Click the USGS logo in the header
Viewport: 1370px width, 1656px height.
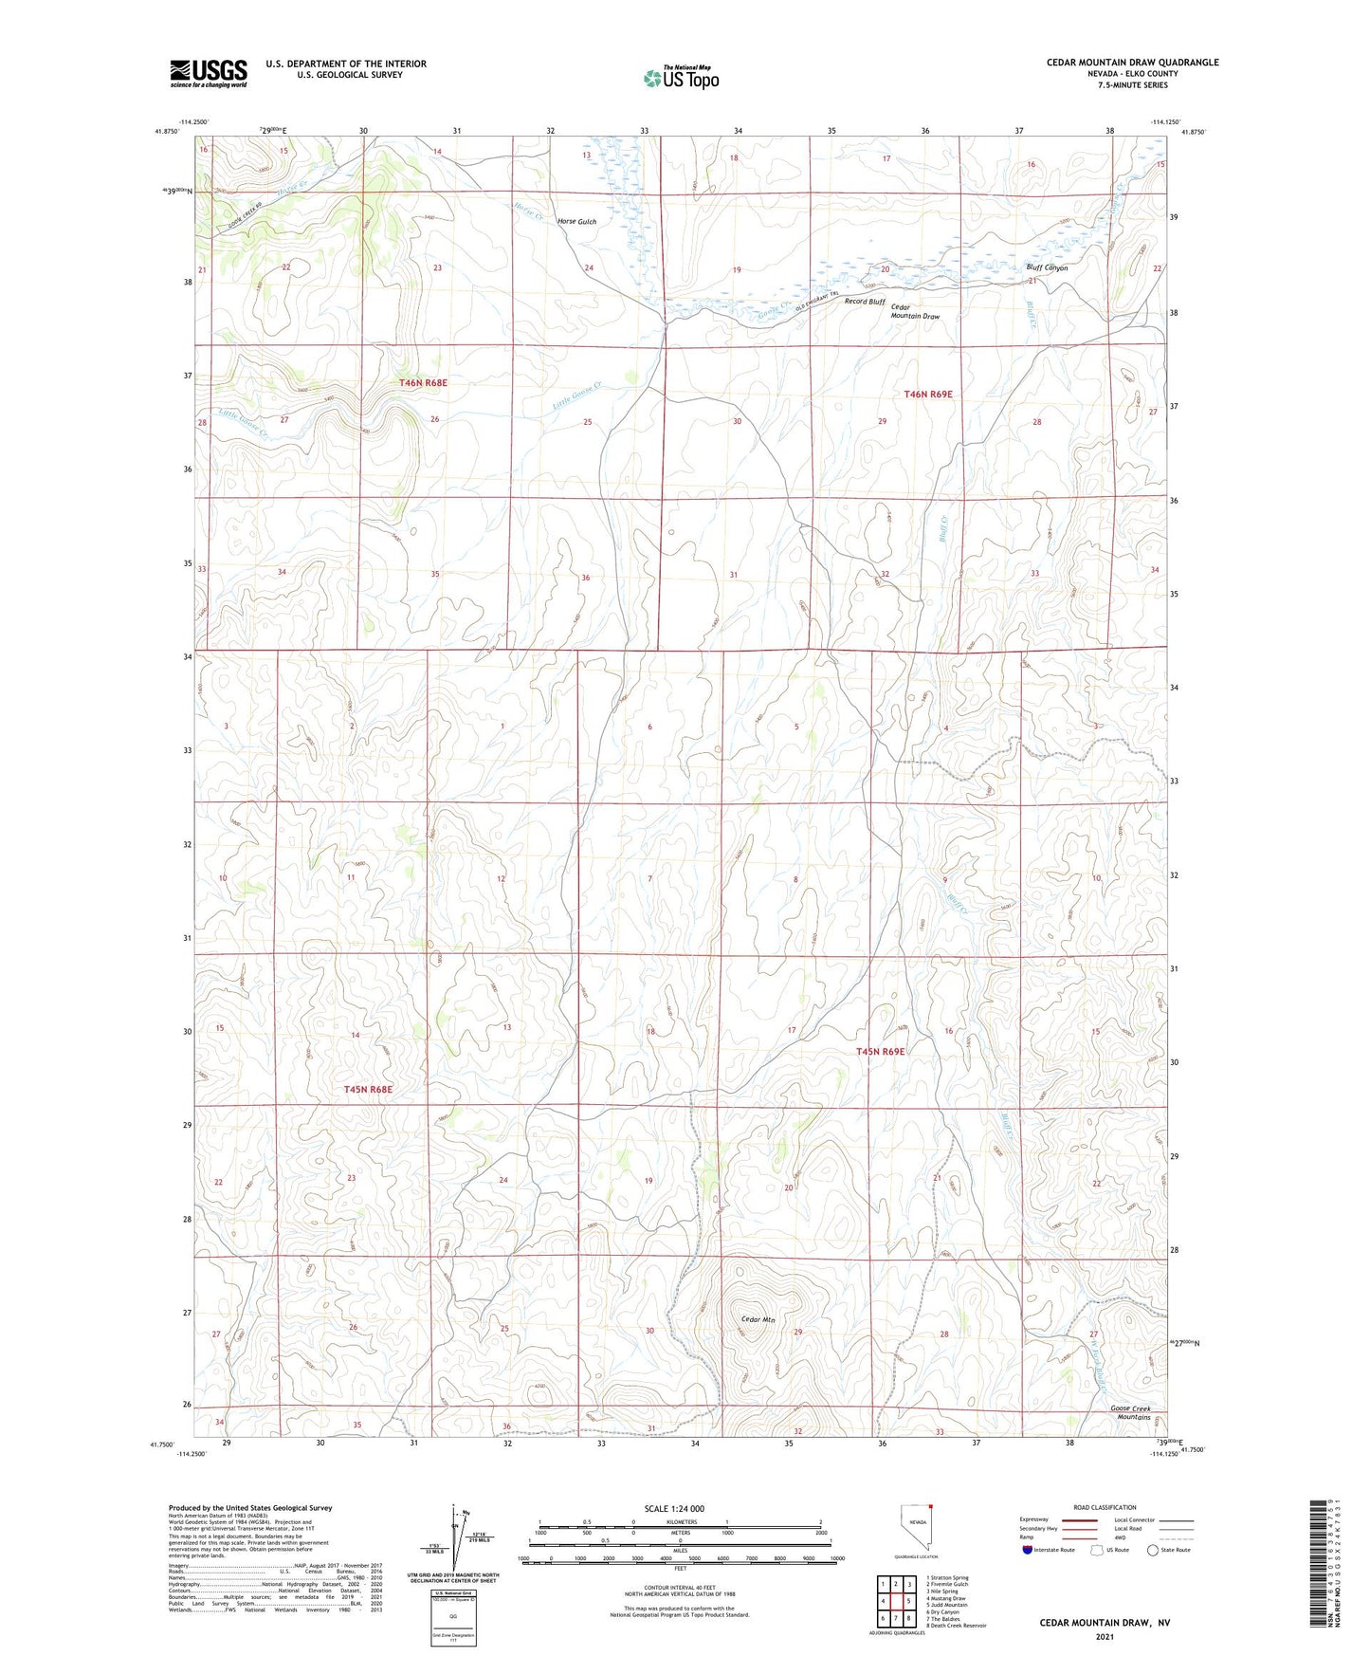coord(209,72)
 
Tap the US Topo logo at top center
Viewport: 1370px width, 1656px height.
coord(681,77)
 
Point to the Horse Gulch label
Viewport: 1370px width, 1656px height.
coord(576,221)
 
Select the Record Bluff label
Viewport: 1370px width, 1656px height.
coord(864,302)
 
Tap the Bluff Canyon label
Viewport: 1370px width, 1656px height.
coord(1047,267)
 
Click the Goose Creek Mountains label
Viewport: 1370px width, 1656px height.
coord(1130,1412)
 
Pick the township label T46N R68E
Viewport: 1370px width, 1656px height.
coord(423,382)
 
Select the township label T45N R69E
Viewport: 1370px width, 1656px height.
coord(881,1051)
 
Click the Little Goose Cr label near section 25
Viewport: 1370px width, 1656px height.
coord(577,396)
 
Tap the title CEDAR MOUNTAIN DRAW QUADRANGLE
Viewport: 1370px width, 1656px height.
coord(1132,63)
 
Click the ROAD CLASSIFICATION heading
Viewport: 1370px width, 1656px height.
coord(1104,1507)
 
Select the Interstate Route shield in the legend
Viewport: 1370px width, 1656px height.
coord(1029,1551)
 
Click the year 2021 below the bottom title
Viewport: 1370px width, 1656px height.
coord(1104,1636)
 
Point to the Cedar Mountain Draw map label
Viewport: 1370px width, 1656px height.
coord(915,312)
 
